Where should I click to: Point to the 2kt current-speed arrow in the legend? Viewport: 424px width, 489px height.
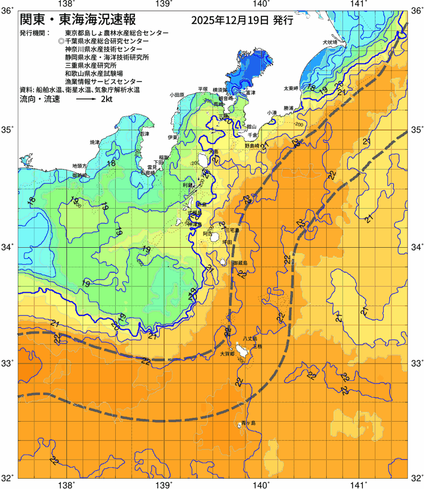tap(86, 99)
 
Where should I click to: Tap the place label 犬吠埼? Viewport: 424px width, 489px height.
tap(330, 42)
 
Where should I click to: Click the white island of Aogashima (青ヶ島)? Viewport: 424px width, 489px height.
tap(239, 425)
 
